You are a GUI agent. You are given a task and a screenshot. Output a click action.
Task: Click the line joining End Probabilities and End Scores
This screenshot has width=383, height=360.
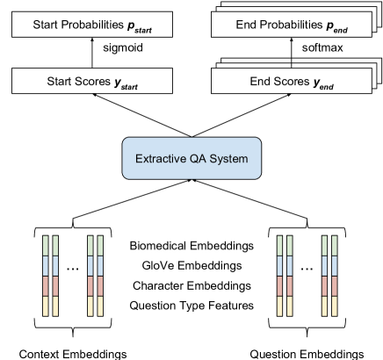click(x=292, y=62)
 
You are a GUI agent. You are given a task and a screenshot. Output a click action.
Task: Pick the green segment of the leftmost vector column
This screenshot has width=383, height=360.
click(x=44, y=245)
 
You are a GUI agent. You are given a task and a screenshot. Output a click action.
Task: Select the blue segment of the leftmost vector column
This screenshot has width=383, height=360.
click(x=44, y=265)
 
